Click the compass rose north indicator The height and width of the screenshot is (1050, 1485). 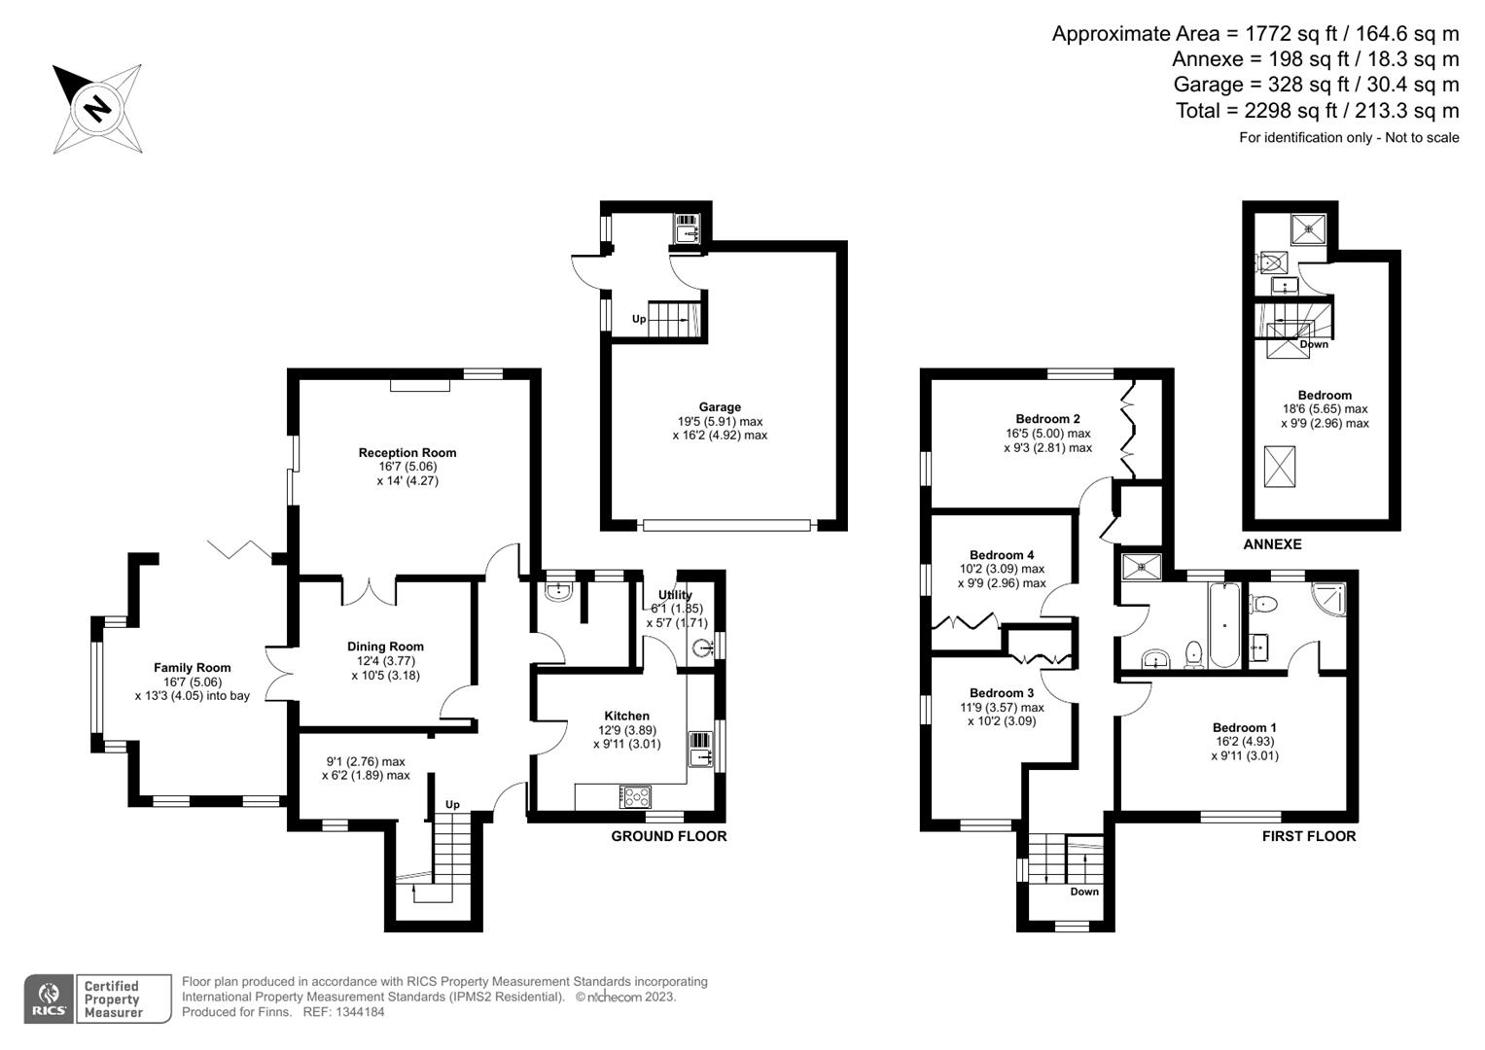(96, 107)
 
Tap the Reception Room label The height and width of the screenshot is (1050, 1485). (407, 453)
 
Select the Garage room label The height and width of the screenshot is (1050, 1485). (720, 407)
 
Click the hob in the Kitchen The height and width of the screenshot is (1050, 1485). (636, 797)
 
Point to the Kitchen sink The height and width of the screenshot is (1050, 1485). (701, 750)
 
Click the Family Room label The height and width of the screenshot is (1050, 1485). (193, 668)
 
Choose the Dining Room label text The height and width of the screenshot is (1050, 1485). (385, 647)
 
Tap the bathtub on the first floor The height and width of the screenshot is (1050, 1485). (1223, 624)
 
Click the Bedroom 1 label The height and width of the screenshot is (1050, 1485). (1244, 727)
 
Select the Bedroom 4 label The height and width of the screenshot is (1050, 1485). (1002, 555)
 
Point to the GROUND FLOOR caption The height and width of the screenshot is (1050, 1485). (668, 836)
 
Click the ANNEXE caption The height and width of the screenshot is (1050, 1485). (1272, 544)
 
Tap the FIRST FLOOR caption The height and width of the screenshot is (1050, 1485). (1308, 836)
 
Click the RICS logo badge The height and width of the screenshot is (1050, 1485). (49, 999)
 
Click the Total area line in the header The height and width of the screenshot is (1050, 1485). (1317, 111)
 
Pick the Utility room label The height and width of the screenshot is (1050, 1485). (675, 595)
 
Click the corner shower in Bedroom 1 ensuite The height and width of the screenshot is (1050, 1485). (1329, 600)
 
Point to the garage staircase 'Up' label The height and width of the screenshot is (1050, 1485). (639, 319)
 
